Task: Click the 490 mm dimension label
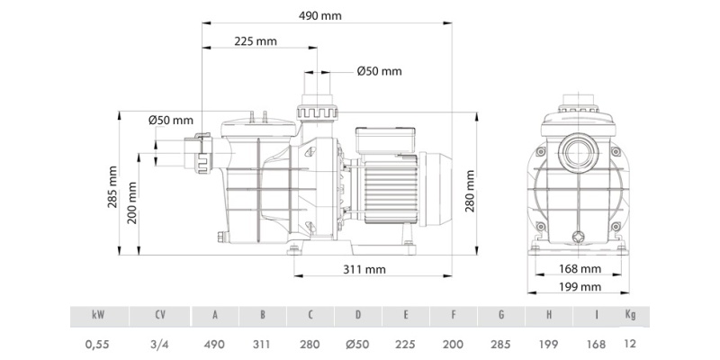point(320,15)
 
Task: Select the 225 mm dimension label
point(256,41)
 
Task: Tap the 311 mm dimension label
point(364,269)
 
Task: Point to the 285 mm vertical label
point(112,186)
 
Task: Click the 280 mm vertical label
point(470,191)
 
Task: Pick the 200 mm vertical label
point(132,202)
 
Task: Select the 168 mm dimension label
point(580,269)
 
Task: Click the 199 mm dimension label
point(580,287)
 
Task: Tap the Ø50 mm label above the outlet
point(379,71)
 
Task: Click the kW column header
point(98,315)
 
